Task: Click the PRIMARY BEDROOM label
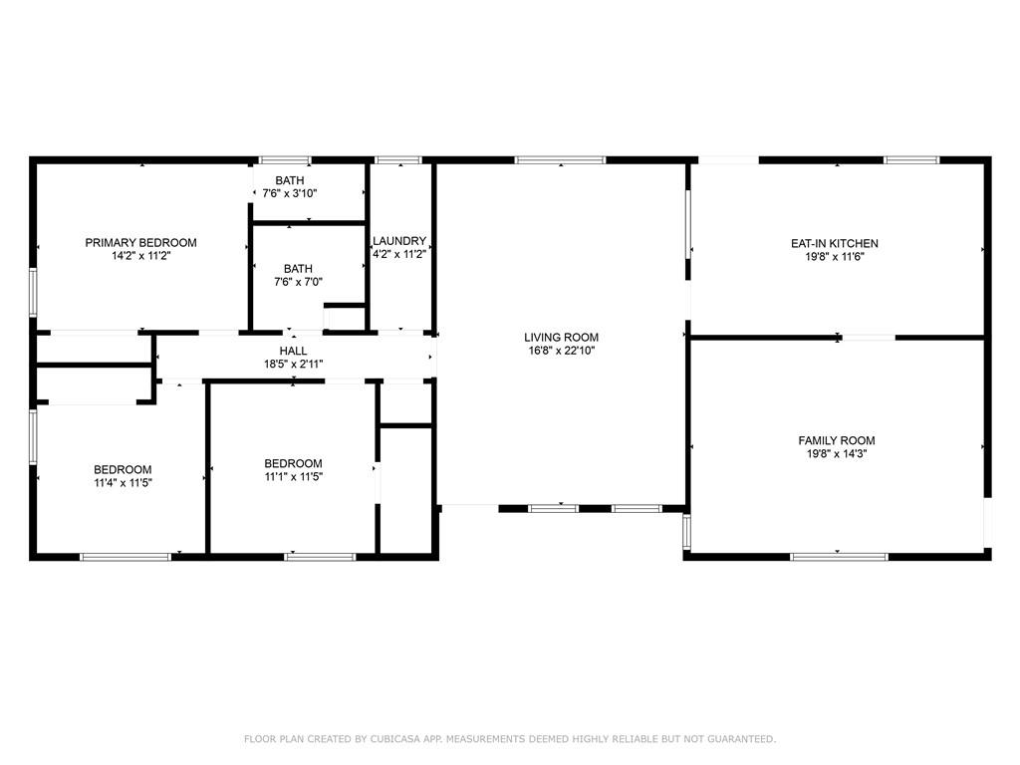(x=140, y=243)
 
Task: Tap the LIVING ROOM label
(x=562, y=337)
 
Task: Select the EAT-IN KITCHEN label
(x=835, y=243)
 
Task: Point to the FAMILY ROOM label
(x=837, y=440)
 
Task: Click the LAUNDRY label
(x=399, y=241)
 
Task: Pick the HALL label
(x=294, y=351)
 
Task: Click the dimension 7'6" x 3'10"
(x=290, y=193)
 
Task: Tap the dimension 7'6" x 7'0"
(x=298, y=282)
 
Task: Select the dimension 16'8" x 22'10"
(x=562, y=351)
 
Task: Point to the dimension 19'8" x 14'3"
(x=837, y=453)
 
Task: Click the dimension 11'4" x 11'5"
(x=123, y=483)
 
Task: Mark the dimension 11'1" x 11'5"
(x=294, y=476)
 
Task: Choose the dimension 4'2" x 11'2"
(x=399, y=254)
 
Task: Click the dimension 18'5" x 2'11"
(x=294, y=365)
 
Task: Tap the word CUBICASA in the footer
(x=394, y=739)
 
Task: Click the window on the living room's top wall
(x=560, y=160)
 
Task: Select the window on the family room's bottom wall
(x=839, y=557)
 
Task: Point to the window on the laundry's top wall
(x=398, y=160)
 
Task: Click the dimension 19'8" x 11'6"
(x=835, y=257)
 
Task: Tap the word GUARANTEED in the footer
(x=741, y=739)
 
